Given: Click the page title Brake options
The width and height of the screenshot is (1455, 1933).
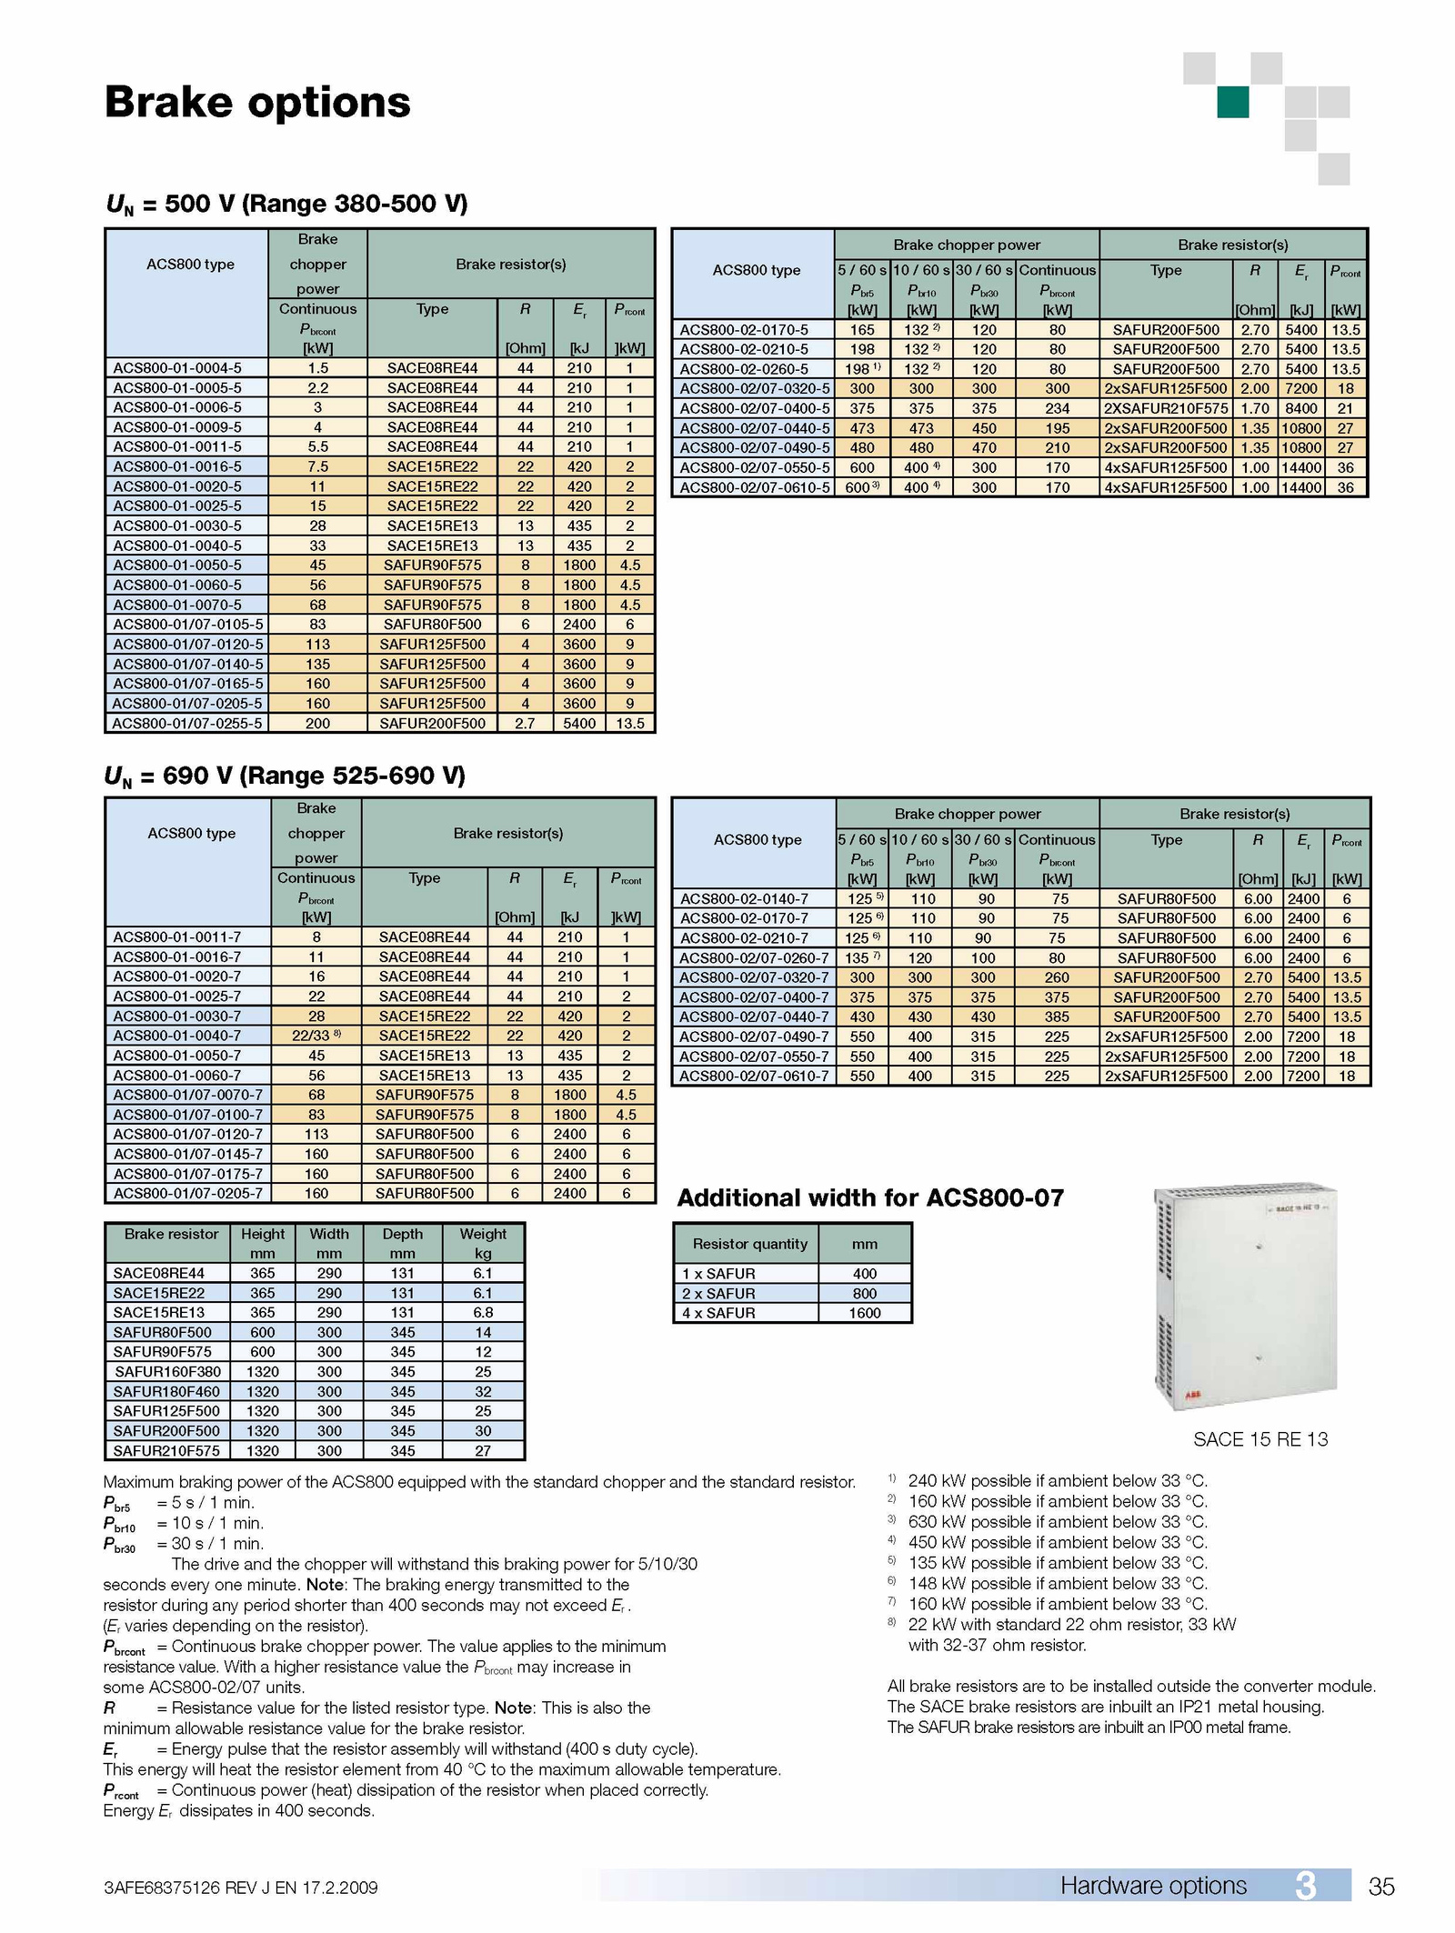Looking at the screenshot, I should pyautogui.click(x=257, y=102).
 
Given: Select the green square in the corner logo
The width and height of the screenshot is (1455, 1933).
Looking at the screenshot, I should pyautogui.click(x=1232, y=102).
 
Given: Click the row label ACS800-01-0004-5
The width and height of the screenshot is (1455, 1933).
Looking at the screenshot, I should pyautogui.click(x=177, y=368).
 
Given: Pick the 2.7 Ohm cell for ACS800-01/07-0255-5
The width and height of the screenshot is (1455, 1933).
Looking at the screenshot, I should pyautogui.click(x=525, y=724).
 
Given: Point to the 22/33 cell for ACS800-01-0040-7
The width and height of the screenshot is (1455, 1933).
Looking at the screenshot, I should pyautogui.click(x=316, y=1036).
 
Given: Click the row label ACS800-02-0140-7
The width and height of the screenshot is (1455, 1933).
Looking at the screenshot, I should pyautogui.click(x=744, y=898).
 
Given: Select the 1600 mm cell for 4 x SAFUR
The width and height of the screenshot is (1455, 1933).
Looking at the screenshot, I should pyautogui.click(x=864, y=1313).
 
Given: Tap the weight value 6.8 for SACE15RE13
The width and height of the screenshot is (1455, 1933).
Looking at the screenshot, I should pyautogui.click(x=483, y=1312).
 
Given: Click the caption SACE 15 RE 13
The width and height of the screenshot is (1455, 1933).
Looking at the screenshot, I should pyautogui.click(x=1259, y=1439).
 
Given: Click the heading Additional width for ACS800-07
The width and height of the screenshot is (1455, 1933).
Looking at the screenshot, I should pyautogui.click(x=869, y=1198).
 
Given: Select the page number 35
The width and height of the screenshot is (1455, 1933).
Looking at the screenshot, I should pyautogui.click(x=1380, y=1888).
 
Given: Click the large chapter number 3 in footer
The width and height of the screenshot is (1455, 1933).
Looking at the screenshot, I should pyautogui.click(x=1305, y=1886).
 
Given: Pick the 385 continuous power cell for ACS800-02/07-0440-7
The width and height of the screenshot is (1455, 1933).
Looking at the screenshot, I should pyautogui.click(x=1057, y=1017).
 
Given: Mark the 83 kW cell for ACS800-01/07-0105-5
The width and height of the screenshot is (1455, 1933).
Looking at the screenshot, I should pyautogui.click(x=317, y=625).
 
